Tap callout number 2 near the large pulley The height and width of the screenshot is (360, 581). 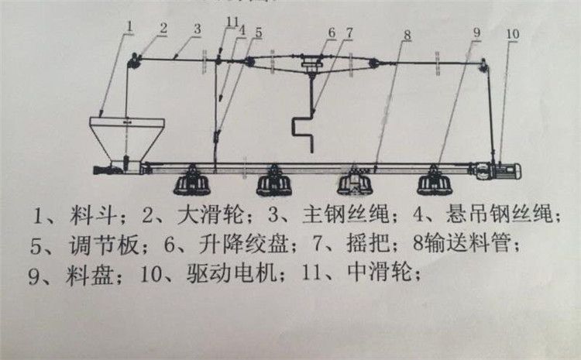163,28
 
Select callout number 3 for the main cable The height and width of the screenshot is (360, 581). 198,29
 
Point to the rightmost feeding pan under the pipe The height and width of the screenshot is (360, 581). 434,183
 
